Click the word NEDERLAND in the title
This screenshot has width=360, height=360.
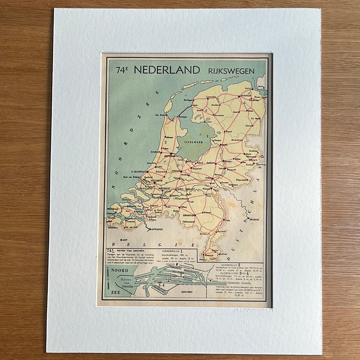[167, 70]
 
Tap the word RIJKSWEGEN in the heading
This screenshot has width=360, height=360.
[231, 71]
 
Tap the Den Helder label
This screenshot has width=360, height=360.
[160, 116]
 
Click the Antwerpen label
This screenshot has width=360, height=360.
[157, 230]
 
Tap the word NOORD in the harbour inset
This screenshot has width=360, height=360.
[120, 270]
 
